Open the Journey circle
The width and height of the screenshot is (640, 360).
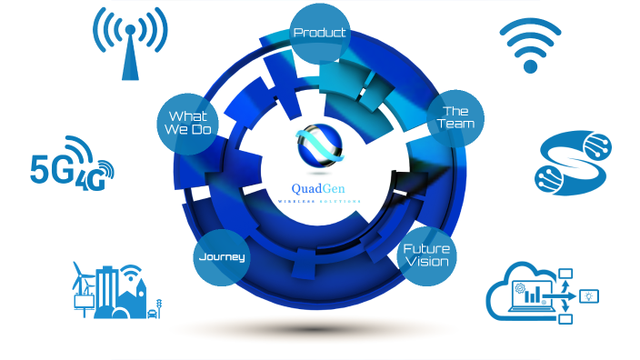pyautogui.click(x=222, y=256)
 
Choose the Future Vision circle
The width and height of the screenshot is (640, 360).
pyautogui.click(x=426, y=255)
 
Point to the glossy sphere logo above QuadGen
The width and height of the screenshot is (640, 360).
pyautogui.click(x=320, y=146)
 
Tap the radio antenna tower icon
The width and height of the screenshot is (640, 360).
pyautogui.click(x=131, y=45)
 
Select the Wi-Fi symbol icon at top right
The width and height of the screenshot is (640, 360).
pyautogui.click(x=530, y=45)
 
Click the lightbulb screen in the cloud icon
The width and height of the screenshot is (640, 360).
pyautogui.click(x=590, y=296)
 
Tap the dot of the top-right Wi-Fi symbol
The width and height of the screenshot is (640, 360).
pyautogui.click(x=530, y=65)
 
